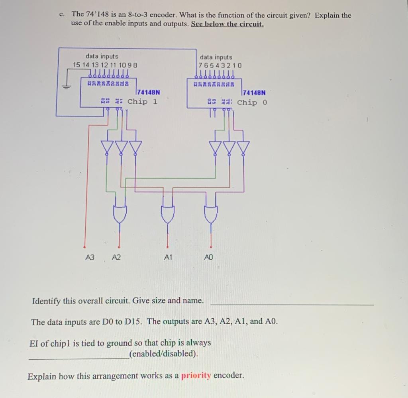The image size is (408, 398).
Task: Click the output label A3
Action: [x=90, y=258]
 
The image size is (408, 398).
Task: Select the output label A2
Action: [x=116, y=258]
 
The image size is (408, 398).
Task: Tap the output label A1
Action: [x=168, y=258]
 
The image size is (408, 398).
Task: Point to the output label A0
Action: [x=209, y=258]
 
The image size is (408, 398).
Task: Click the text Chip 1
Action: [x=142, y=101]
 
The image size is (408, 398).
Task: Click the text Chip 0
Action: [x=252, y=102]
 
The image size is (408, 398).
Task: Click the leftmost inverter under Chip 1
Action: [x=108, y=147]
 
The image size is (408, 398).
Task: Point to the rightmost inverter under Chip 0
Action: [x=243, y=148]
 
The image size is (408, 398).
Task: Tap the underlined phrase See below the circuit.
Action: [x=227, y=24]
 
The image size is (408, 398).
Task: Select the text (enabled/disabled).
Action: [x=163, y=354]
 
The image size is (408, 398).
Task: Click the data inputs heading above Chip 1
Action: [x=102, y=57]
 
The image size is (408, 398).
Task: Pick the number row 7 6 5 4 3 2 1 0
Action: [x=220, y=65]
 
